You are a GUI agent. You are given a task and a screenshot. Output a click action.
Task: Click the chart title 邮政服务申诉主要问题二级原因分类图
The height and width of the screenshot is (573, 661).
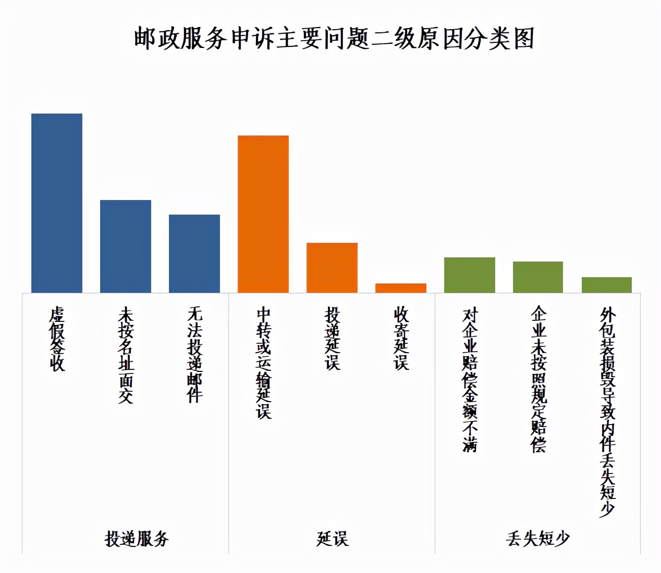tap(334, 39)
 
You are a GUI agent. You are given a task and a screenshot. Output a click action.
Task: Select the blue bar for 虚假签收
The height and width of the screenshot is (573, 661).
tap(57, 203)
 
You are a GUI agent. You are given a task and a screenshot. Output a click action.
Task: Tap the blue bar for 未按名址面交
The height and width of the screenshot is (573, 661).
tap(126, 246)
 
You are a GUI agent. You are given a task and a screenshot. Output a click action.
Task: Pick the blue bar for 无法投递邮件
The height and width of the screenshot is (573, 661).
tap(194, 253)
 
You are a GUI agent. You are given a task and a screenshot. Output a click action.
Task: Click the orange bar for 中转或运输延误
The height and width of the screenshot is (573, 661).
tap(263, 214)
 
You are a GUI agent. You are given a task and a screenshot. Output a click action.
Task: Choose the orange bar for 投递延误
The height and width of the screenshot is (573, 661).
tap(332, 267)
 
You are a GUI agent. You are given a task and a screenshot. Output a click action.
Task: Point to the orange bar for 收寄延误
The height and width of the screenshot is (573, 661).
tap(401, 288)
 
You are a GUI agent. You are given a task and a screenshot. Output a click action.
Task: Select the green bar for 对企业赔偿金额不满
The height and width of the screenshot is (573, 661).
tap(470, 275)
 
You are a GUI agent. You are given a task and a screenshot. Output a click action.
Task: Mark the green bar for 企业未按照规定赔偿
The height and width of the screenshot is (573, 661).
tap(538, 277)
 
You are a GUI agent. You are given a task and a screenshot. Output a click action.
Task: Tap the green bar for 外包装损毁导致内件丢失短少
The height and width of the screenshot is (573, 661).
tap(607, 284)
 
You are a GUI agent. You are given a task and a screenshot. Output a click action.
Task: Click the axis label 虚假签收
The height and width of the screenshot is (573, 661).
tap(57, 339)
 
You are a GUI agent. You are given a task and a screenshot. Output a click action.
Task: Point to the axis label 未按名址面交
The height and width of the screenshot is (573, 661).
tap(126, 355)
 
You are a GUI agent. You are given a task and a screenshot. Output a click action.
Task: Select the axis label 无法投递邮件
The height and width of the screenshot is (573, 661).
tap(194, 355)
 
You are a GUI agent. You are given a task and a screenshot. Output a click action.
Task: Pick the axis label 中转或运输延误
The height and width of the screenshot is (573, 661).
tap(264, 363)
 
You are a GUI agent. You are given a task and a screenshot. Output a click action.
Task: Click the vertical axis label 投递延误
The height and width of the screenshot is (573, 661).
tap(332, 339)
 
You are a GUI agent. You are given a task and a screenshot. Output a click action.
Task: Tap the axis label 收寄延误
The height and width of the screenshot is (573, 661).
tap(401, 339)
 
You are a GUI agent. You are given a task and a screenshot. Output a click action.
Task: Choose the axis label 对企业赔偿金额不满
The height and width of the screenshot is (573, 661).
tap(470, 380)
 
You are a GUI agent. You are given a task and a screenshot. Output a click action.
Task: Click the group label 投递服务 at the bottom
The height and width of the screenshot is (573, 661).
tap(137, 538)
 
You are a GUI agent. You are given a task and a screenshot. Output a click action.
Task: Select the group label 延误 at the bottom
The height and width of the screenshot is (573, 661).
tap(332, 538)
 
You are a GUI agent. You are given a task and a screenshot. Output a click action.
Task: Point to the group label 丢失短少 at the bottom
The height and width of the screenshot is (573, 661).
tap(537, 538)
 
